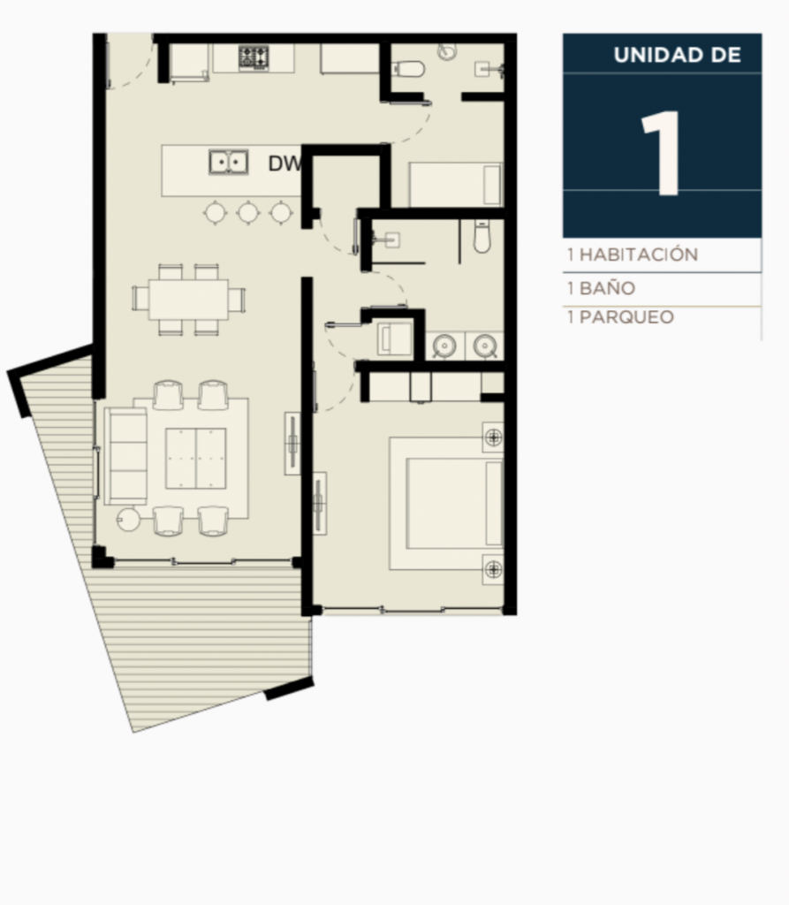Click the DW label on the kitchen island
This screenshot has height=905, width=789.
(x=284, y=164)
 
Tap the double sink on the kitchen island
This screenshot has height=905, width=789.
(x=229, y=162)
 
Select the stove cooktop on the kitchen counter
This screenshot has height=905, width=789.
(x=254, y=57)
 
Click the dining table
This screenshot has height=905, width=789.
(x=189, y=299)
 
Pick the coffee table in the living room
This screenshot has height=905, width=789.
(x=195, y=459)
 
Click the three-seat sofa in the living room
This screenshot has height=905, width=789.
(x=125, y=456)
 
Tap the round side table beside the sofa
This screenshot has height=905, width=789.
(x=128, y=519)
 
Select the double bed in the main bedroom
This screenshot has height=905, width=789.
(x=446, y=503)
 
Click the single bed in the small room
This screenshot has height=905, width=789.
(x=456, y=184)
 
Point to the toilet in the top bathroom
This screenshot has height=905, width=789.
(x=409, y=69)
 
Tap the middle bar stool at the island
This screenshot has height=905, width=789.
(x=248, y=212)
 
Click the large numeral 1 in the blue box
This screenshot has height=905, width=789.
(x=662, y=154)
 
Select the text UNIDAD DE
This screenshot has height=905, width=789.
(x=677, y=55)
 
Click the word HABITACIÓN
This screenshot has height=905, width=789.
(x=639, y=255)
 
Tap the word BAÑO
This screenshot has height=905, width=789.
(x=607, y=288)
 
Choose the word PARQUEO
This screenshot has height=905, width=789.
(x=626, y=317)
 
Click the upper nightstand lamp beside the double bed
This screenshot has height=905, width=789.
(x=494, y=437)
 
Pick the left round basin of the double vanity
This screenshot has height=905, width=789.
(x=444, y=346)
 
